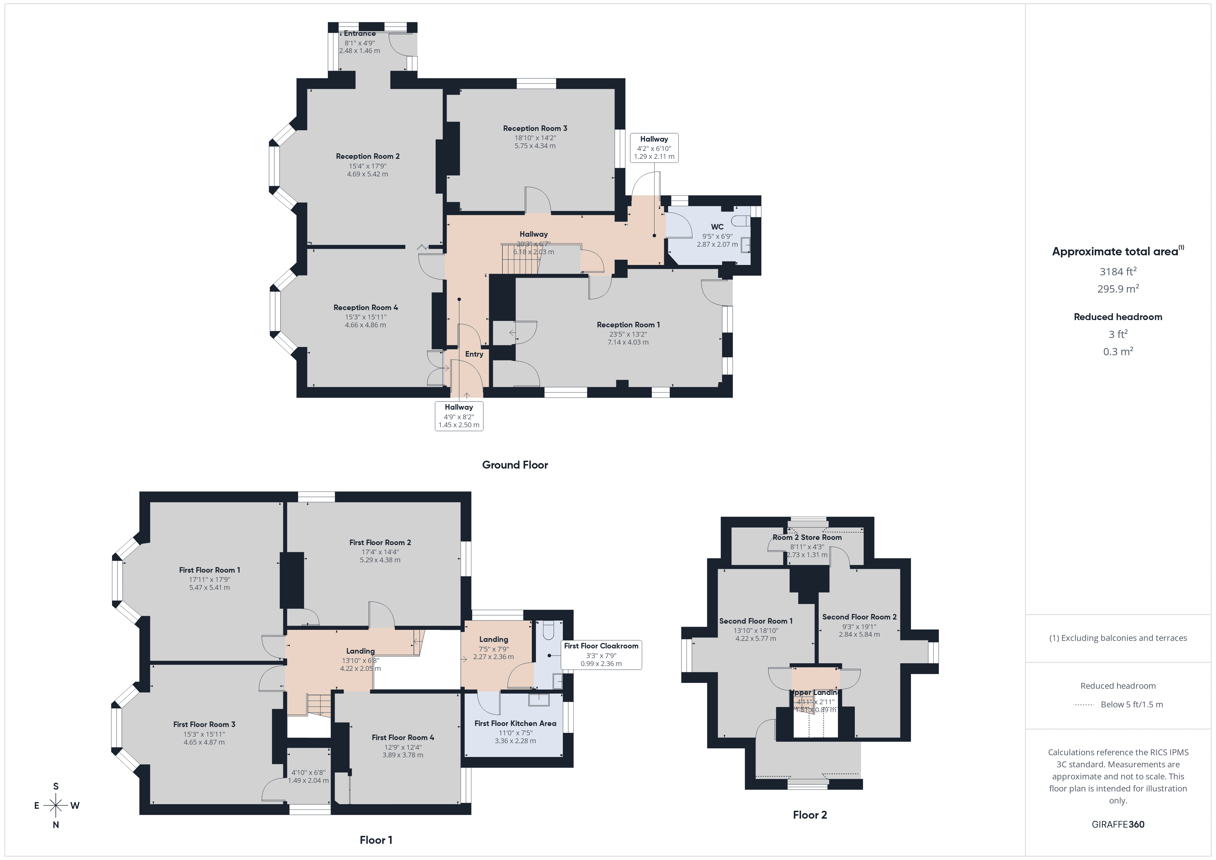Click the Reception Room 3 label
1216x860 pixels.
(x=535, y=128)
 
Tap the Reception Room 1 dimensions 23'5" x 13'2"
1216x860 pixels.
(x=628, y=334)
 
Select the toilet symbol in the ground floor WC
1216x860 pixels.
(x=740, y=220)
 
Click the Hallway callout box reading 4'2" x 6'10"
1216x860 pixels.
(x=654, y=148)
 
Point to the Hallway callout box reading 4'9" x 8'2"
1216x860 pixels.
(x=459, y=416)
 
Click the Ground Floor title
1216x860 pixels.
(x=515, y=465)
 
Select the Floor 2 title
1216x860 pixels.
(x=810, y=815)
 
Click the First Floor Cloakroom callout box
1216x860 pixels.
(x=601, y=655)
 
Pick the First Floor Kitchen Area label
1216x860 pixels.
(x=515, y=723)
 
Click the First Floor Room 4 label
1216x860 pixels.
(x=403, y=737)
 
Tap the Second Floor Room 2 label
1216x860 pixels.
(x=859, y=617)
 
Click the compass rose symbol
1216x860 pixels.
(x=55, y=806)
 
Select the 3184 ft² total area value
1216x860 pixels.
(x=1117, y=272)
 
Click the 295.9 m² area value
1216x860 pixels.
(x=1117, y=289)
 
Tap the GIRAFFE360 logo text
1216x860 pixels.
(x=1117, y=825)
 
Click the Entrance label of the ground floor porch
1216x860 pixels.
(x=359, y=33)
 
